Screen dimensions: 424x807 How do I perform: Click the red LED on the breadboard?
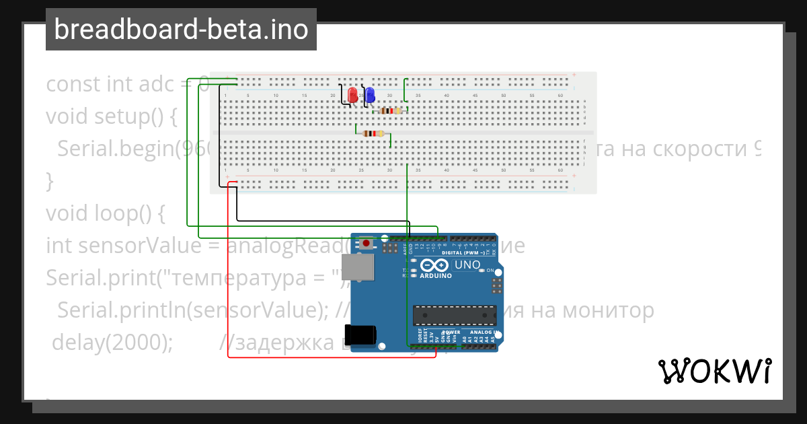[352, 94]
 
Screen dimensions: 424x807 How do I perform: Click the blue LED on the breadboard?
[369, 94]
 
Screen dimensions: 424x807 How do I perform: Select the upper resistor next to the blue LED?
[390, 110]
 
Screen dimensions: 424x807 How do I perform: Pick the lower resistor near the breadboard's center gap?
[373, 133]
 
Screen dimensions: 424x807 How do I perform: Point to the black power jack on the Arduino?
[359, 335]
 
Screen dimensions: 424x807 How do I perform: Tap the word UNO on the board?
[467, 264]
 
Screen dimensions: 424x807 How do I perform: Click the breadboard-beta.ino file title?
[181, 30]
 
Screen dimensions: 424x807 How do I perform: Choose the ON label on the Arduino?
[490, 271]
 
